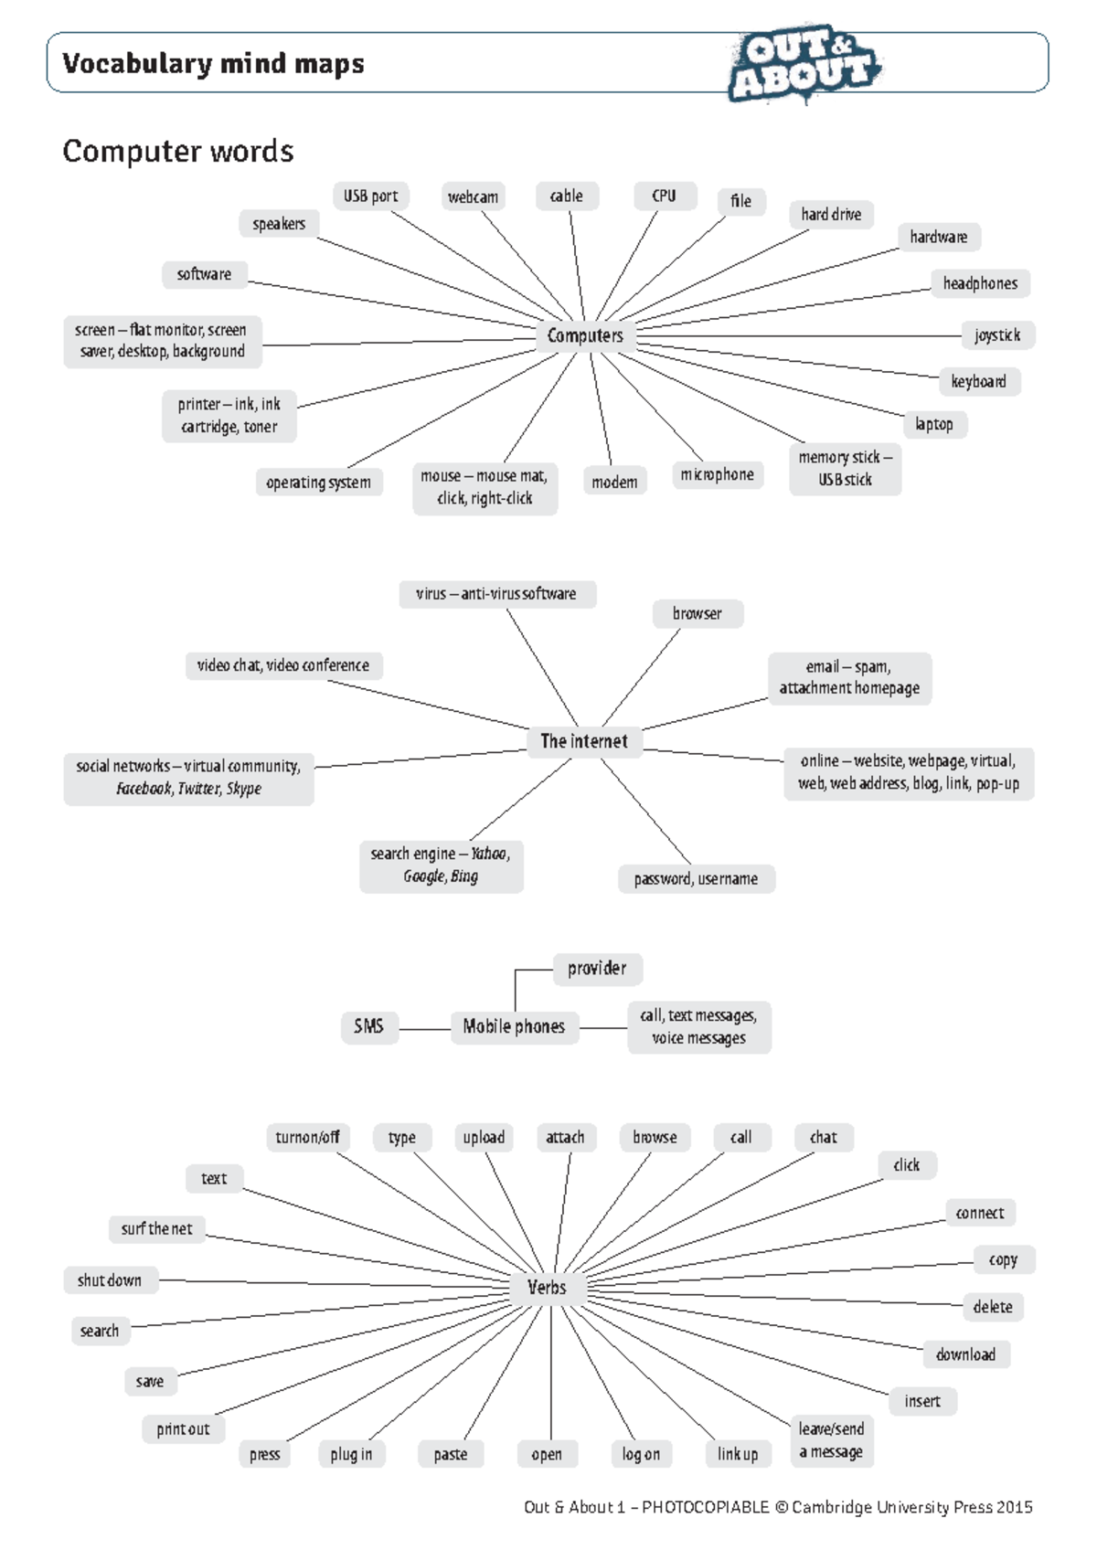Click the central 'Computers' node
585,335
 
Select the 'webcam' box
473,196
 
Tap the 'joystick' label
996,335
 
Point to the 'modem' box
614,482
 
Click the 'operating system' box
318,483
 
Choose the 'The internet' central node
583,741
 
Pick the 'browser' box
697,613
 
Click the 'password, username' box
696,878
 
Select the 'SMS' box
368,1026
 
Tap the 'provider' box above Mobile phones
597,968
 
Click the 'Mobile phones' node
514,1026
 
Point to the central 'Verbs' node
547,1288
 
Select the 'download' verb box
965,1354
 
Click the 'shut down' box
110,1280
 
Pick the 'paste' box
451,1454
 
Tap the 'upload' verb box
484,1137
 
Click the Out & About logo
804,63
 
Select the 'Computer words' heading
178,151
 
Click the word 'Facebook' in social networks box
144,789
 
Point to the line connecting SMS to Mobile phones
425,1029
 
